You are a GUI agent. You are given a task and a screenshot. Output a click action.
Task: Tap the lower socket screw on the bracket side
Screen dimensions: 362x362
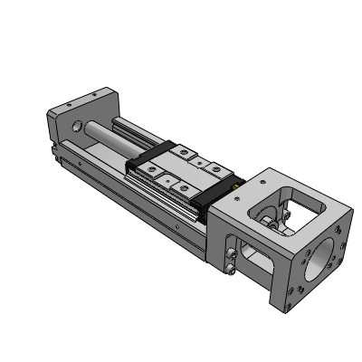[x=233, y=268]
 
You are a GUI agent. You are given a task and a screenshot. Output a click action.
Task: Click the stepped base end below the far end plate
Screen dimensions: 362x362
[x=56, y=158]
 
